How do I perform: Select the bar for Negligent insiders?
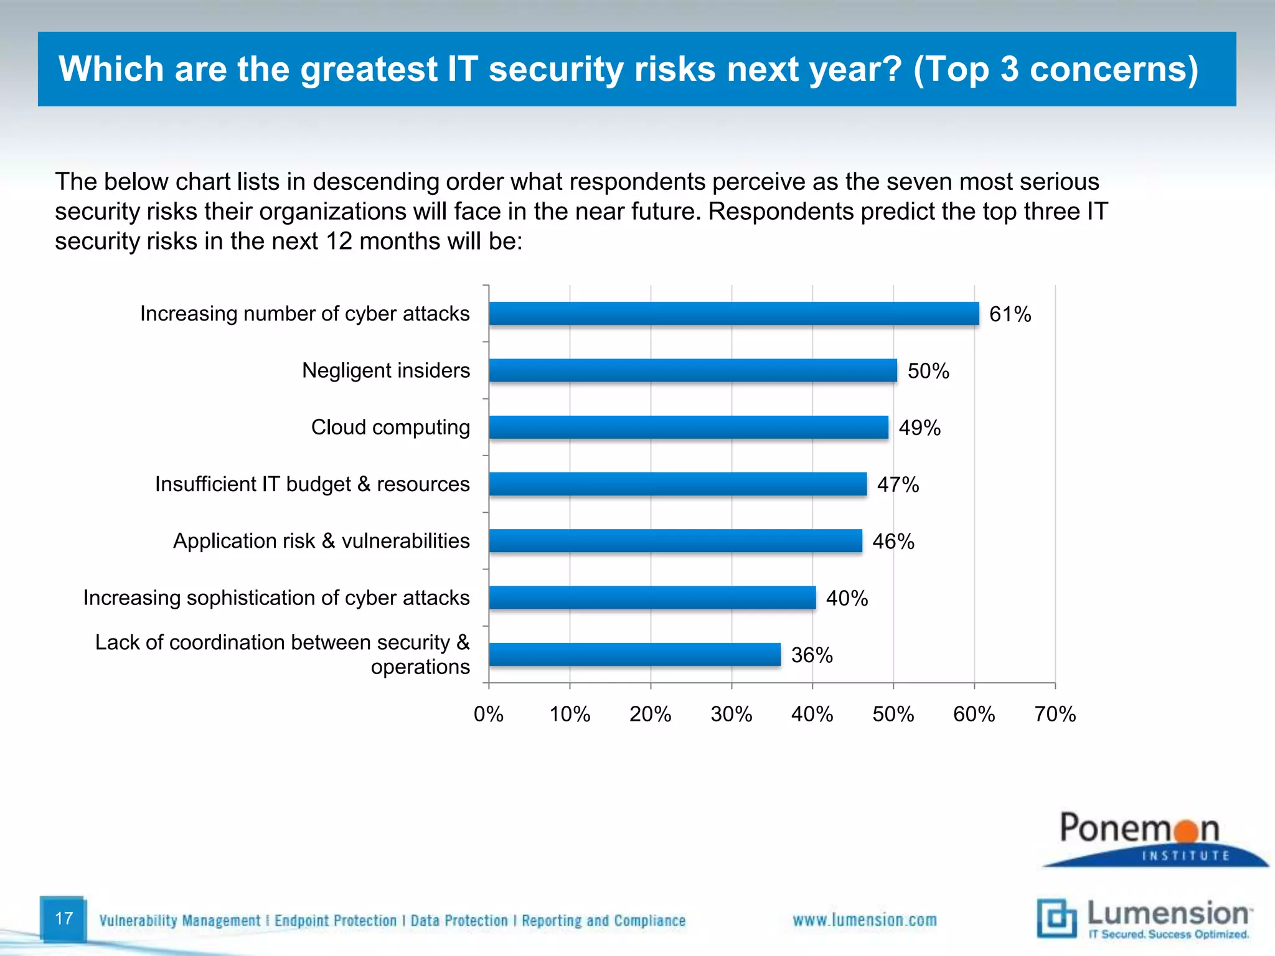tap(692, 370)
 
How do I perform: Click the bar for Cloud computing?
tap(688, 428)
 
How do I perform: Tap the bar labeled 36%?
tap(634, 655)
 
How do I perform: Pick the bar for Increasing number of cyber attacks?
tap(733, 314)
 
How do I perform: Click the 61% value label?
tap(1010, 314)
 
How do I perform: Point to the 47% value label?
tap(898, 485)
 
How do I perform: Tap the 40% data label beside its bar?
tap(847, 599)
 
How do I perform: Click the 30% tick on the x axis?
tap(732, 714)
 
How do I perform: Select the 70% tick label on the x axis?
tap(1055, 714)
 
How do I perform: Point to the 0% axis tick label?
tap(489, 714)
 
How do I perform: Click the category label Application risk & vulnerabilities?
tap(321, 541)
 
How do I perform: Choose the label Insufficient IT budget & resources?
tap(312, 484)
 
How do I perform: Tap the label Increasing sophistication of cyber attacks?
tap(276, 597)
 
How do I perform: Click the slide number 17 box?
tap(64, 919)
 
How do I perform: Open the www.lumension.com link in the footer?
tap(864, 921)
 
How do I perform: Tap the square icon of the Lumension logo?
tap(1056, 917)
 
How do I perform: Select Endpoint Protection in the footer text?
tap(335, 921)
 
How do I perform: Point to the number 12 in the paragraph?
tap(339, 241)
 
